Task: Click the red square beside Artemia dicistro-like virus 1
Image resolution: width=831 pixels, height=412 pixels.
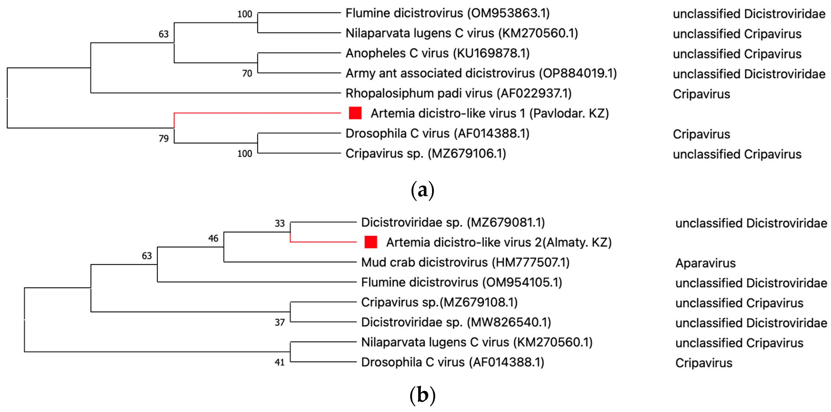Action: [355, 113]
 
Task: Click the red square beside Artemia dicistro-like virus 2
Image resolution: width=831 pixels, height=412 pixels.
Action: [371, 242]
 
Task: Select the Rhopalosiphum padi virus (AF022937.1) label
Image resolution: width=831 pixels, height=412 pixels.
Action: [458, 93]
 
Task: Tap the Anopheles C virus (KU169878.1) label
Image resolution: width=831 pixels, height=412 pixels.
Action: [437, 53]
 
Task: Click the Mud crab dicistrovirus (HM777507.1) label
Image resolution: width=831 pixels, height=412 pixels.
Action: [465, 262]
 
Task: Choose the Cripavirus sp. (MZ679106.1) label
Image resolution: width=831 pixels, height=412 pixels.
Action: [425, 153]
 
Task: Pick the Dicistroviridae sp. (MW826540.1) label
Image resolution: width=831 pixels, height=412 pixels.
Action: [456, 322]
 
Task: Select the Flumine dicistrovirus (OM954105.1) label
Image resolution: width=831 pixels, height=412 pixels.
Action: [461, 282]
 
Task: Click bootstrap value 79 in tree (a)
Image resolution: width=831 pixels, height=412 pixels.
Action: [163, 138]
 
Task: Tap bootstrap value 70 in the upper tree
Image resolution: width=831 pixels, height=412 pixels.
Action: [247, 74]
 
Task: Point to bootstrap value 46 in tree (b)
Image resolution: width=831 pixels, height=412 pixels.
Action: [213, 238]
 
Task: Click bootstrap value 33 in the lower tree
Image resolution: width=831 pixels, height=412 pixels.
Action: [280, 223]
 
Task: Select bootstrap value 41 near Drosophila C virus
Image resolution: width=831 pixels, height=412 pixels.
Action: [280, 362]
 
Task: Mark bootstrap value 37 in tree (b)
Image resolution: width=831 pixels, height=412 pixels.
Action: [280, 322]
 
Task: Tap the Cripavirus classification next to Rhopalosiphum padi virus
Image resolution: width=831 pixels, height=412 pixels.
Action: [701, 94]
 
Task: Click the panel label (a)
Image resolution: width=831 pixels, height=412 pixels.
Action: [423, 190]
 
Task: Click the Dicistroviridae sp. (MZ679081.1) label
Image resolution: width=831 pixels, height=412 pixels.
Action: [453, 222]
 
